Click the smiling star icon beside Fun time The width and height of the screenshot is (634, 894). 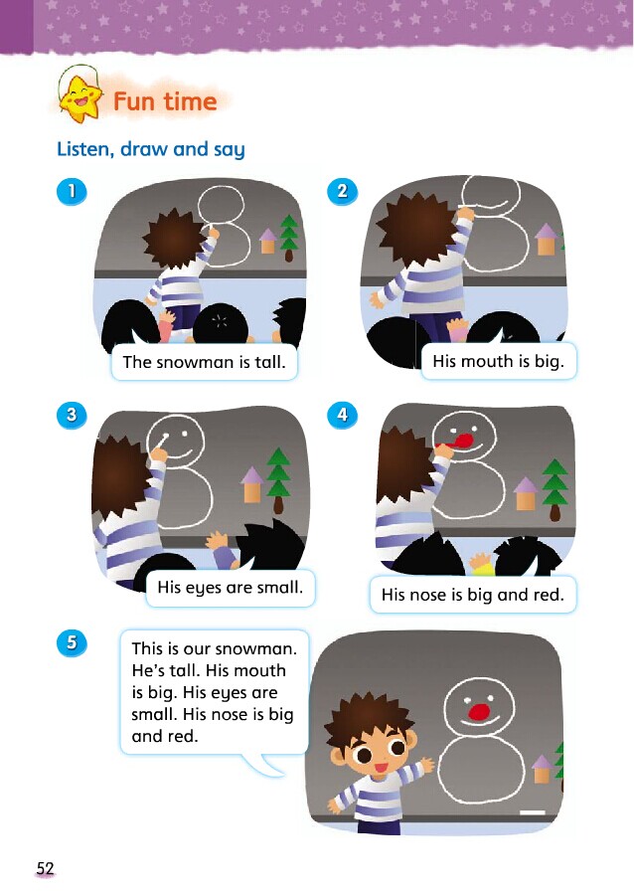[x=80, y=98]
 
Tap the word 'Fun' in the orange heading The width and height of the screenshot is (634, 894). [x=134, y=101]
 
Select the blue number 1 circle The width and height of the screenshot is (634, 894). [x=72, y=191]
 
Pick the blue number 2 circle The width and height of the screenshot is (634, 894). [x=342, y=190]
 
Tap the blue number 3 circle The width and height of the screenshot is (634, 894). [x=72, y=415]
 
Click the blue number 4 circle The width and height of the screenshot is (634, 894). [x=342, y=415]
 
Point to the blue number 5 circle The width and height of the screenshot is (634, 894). [x=72, y=642]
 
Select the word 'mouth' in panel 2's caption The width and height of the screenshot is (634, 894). [x=487, y=361]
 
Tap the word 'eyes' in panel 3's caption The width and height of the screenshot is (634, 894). [x=206, y=588]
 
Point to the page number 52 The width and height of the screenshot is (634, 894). [x=45, y=868]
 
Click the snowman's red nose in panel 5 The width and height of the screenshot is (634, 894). [x=479, y=712]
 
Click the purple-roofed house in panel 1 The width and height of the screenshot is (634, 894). [x=267, y=241]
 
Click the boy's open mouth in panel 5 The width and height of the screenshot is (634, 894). [x=381, y=767]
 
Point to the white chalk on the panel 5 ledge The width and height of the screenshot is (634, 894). [x=533, y=812]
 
